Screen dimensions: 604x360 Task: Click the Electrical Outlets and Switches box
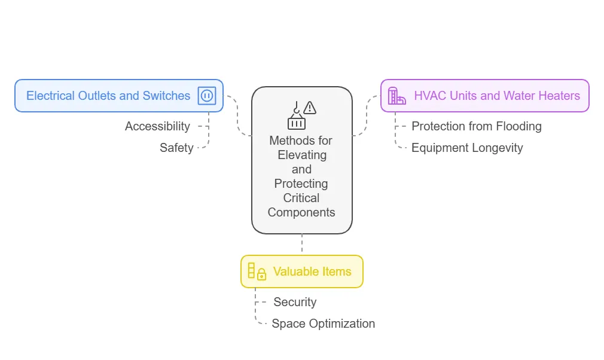tap(119, 96)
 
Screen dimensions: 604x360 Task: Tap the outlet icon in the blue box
tap(207, 96)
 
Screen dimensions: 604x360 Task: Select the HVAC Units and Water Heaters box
tap(485, 96)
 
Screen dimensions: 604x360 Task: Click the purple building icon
tap(396, 96)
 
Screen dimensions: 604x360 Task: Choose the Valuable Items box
tap(302, 271)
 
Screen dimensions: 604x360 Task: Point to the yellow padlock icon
tap(261, 274)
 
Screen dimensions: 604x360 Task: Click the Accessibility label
tap(157, 126)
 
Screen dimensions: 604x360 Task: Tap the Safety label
tap(176, 148)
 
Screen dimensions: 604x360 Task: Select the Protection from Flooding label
tap(477, 126)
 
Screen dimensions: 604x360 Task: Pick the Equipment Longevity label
tap(467, 148)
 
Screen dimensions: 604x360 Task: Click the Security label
tap(295, 302)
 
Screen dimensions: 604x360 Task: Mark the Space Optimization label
tap(323, 324)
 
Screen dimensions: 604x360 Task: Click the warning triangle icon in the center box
tap(310, 108)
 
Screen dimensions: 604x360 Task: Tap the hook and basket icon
tap(296, 115)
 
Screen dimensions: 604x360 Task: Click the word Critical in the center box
tap(301, 198)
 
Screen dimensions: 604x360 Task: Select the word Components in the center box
tap(301, 212)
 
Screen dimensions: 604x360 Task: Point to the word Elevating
tap(302, 155)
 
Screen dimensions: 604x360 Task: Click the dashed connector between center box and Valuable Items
tap(302, 244)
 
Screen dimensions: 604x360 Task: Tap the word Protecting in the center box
tap(301, 184)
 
